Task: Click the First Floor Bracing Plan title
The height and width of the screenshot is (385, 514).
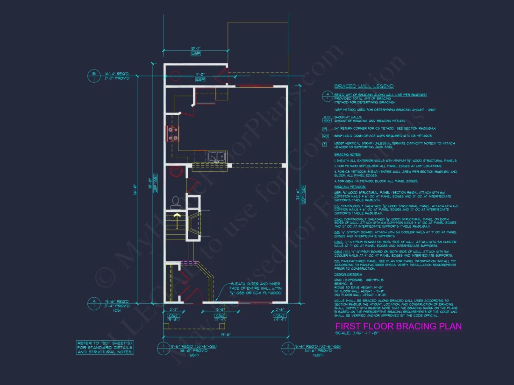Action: point(398,326)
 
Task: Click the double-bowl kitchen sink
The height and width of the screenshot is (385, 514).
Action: point(216,157)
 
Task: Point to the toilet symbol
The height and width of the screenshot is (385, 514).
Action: point(176,202)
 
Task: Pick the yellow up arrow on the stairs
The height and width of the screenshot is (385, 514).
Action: point(177,217)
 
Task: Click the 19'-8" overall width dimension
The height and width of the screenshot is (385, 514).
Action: point(225,335)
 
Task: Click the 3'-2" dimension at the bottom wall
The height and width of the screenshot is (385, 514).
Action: point(173,309)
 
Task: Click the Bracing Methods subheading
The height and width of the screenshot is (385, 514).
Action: point(350,186)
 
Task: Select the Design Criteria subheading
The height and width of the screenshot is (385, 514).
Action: point(348,274)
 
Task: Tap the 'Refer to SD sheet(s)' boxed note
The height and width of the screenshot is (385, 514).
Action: point(106,348)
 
